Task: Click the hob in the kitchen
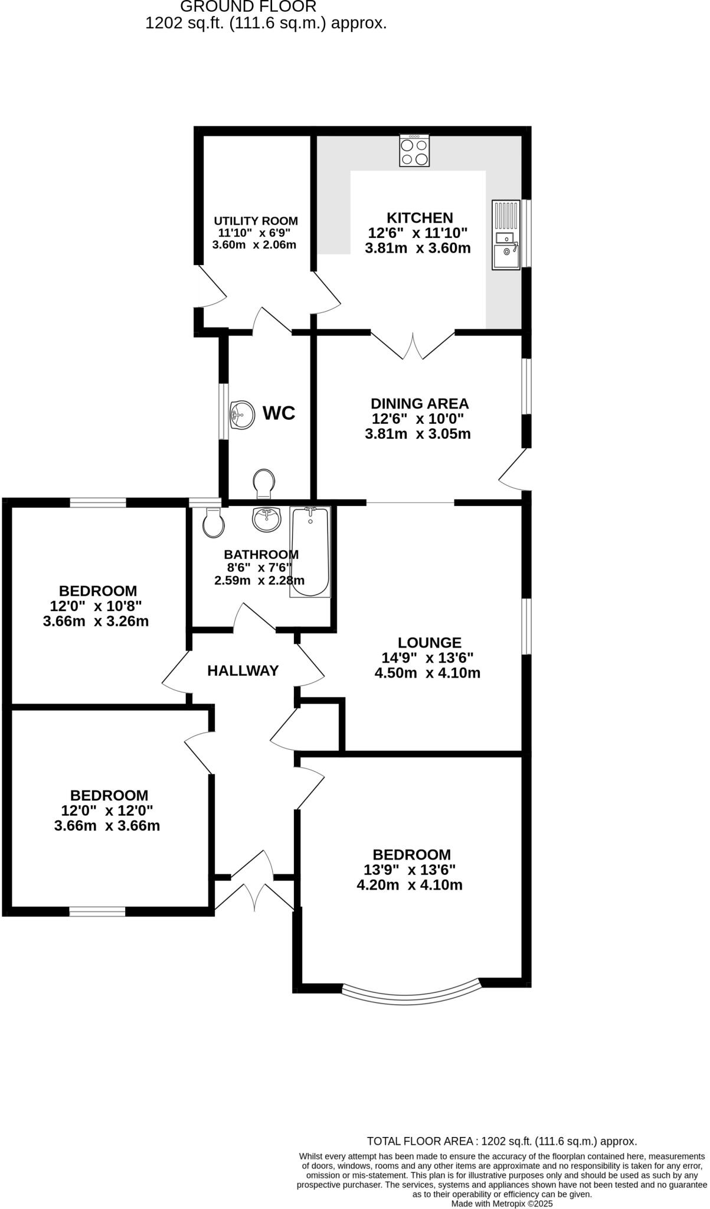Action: coord(414,151)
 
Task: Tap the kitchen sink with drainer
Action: coord(506,235)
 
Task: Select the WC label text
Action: coord(279,413)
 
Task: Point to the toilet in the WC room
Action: coord(263,483)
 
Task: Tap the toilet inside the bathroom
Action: coord(212,521)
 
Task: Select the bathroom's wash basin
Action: coord(266,518)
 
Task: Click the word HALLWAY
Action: coord(243,671)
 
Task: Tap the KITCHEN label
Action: coord(420,218)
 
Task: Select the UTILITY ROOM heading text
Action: coord(256,221)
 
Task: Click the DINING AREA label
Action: coord(419,404)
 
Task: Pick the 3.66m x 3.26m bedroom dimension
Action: coord(96,621)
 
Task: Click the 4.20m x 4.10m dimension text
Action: coord(409,885)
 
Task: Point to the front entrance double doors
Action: coord(254,881)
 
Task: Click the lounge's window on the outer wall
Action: coord(526,626)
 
